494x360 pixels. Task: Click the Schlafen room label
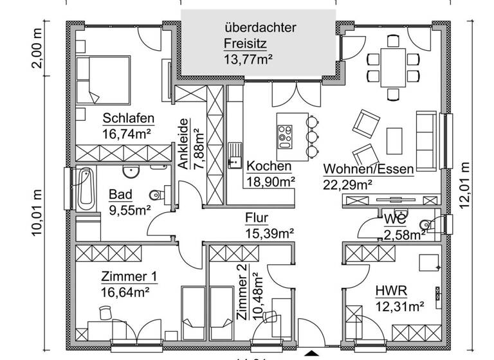(x=128, y=118)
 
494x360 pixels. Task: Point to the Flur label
(x=256, y=217)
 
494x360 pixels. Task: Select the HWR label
(x=390, y=291)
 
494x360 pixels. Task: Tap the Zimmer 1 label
(x=129, y=276)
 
